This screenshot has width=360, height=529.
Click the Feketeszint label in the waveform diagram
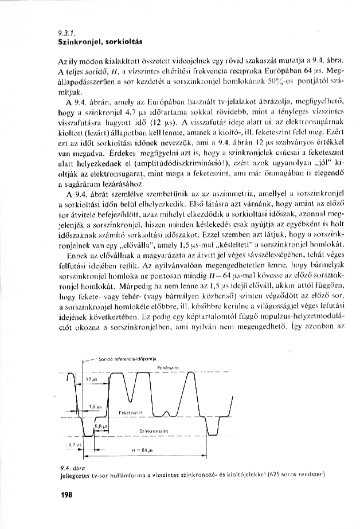(x=130, y=412)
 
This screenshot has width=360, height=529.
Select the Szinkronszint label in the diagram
(x=153, y=430)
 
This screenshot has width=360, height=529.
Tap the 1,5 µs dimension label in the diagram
(x=91, y=406)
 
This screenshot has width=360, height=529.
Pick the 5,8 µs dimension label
(x=98, y=426)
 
